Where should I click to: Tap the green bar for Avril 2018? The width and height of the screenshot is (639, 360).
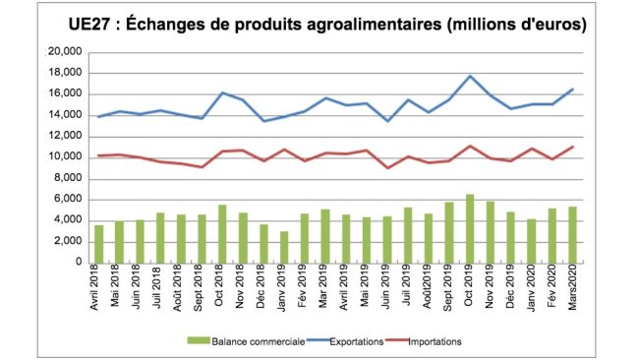(99, 244)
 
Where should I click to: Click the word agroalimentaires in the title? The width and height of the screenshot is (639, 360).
(394, 24)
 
